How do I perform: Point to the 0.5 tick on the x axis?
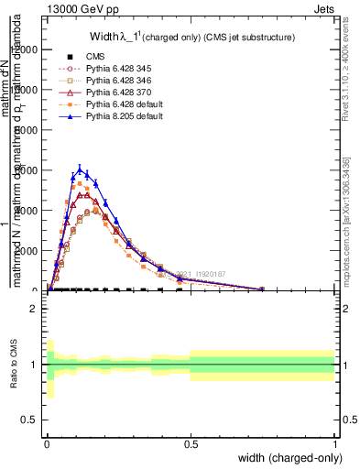pos(191,442)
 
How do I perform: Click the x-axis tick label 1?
pos(335,442)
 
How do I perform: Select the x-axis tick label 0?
pos(47,442)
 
